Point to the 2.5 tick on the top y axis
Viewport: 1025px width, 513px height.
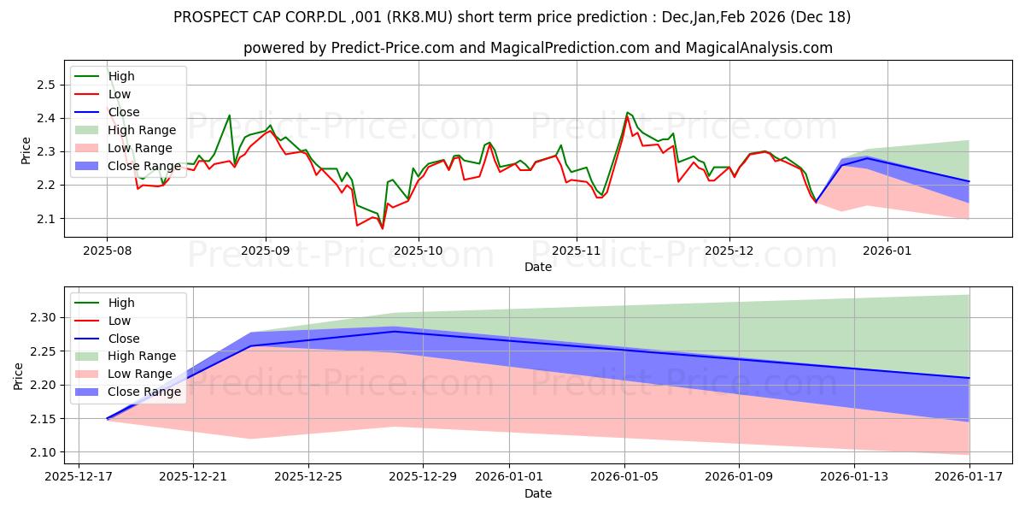coord(44,85)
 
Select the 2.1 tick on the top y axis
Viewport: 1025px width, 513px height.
coord(44,219)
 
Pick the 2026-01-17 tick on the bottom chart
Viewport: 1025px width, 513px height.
coord(969,475)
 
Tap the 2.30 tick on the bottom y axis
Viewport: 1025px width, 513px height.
coord(41,317)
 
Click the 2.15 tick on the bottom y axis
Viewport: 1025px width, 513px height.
coord(41,419)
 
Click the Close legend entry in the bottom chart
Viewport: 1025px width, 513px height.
coord(124,339)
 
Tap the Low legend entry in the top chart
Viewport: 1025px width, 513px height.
coord(120,94)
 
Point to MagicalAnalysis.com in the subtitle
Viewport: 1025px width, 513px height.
coord(747,48)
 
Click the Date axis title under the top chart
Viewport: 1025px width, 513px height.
coord(538,267)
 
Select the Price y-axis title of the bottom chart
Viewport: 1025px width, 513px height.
coord(19,375)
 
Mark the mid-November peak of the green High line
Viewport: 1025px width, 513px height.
coord(628,112)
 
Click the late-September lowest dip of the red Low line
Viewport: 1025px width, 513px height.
coord(382,228)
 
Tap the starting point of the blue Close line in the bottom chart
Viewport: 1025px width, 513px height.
coord(107,419)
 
